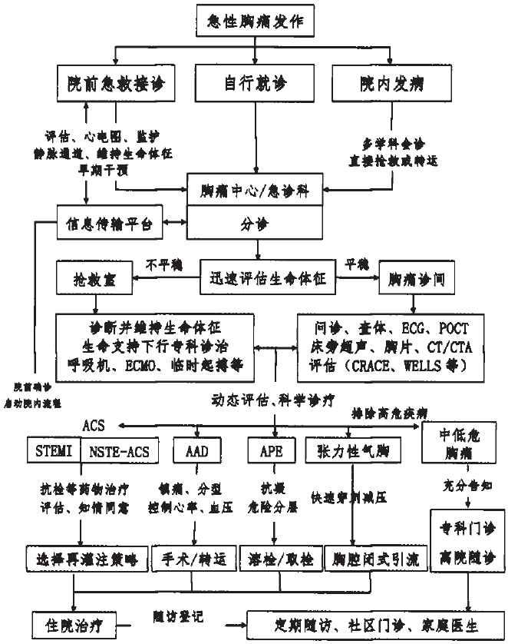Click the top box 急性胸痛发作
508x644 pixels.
pos(256,21)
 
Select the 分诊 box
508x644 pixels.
pos(256,225)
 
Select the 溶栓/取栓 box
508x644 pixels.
pos(276,559)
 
